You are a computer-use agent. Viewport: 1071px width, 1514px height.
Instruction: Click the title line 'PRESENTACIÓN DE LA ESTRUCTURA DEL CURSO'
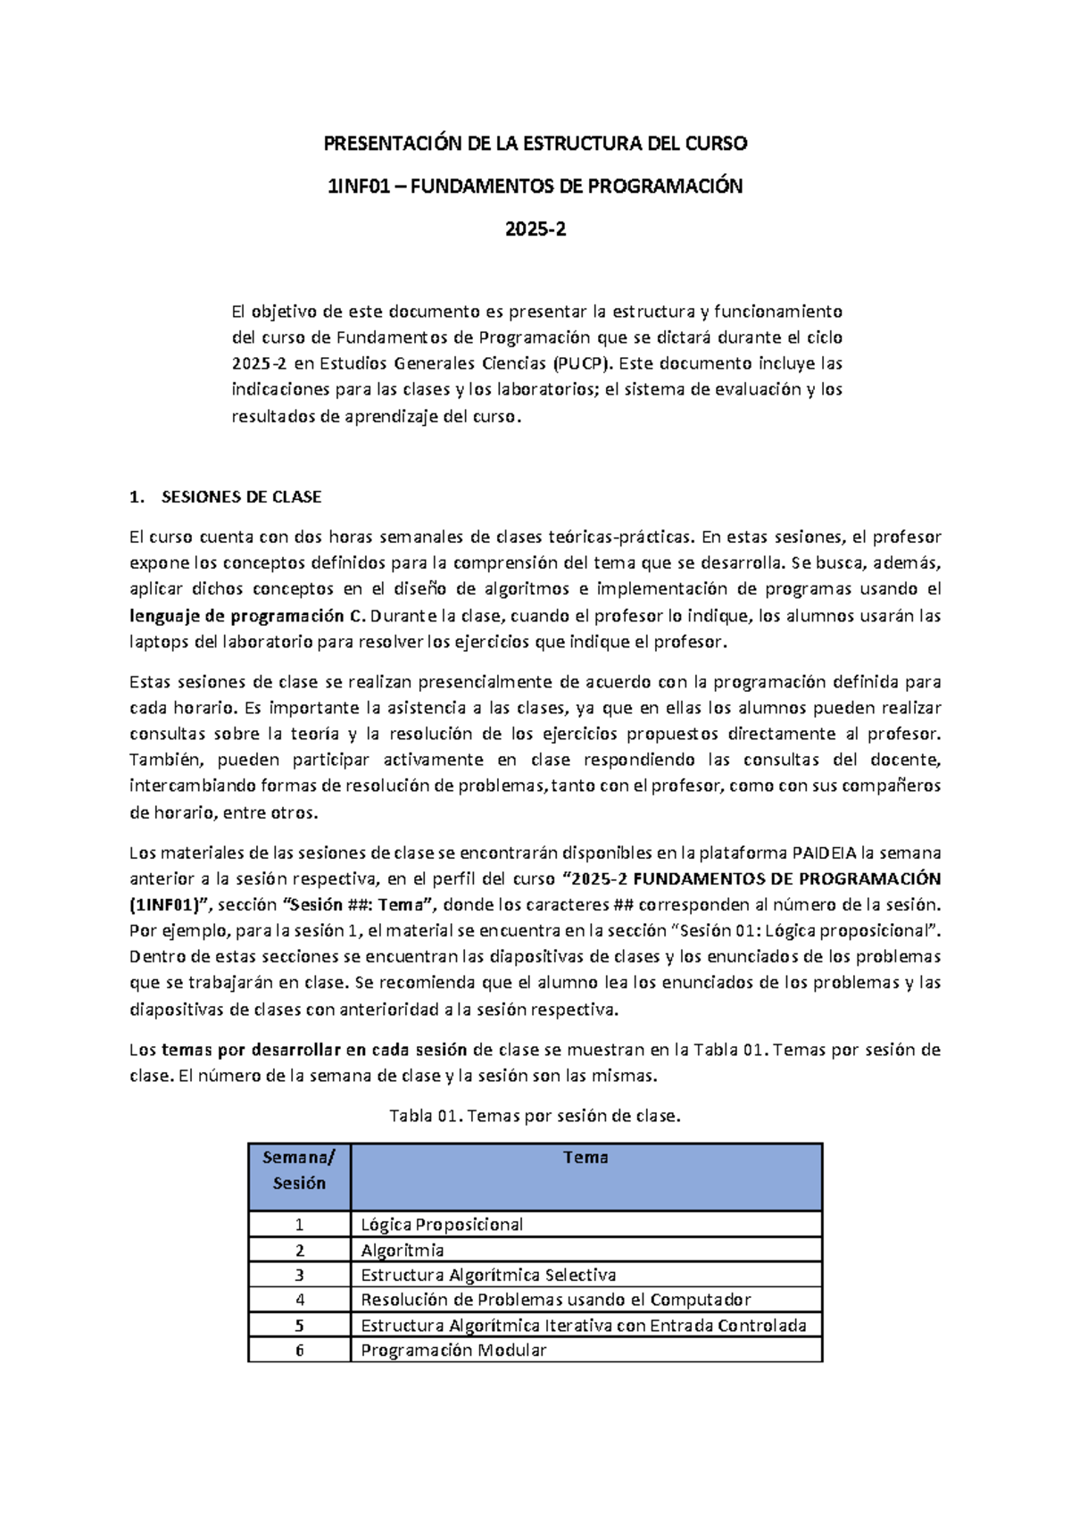pos(535,144)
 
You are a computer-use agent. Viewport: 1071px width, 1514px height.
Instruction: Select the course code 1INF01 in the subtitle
pos(358,187)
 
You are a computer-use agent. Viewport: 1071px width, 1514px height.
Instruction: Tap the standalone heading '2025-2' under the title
pos(535,229)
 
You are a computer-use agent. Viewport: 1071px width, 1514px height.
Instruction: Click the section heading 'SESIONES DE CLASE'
pos(241,497)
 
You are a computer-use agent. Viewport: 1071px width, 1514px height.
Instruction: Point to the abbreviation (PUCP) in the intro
pos(582,364)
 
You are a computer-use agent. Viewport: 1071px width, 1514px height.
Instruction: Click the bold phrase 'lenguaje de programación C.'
pos(247,616)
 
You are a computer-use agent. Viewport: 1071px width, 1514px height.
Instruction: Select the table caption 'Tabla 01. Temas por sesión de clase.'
pos(535,1116)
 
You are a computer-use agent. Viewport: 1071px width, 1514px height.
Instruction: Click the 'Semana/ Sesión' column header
pos(299,1170)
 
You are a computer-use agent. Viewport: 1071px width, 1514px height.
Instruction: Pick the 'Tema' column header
pos(585,1158)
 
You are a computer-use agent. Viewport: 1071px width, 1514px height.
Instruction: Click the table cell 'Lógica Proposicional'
pos(442,1225)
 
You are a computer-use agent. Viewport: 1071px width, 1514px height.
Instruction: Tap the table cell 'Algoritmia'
pos(402,1251)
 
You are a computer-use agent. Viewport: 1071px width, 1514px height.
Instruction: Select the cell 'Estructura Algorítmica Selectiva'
pos(488,1275)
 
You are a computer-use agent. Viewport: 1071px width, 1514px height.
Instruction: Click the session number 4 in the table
pos(300,1300)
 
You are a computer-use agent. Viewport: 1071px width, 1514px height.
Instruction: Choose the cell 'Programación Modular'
pos(452,1351)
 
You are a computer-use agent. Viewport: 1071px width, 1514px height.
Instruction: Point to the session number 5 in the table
pos(300,1326)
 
